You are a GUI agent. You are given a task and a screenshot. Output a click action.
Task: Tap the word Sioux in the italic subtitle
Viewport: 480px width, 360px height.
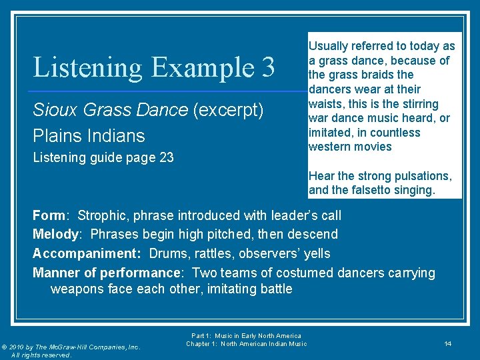coord(53,110)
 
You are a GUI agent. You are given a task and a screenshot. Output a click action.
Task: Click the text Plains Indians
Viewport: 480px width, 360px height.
coord(89,136)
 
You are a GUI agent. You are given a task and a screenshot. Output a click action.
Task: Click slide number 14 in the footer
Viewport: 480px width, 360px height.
coord(448,343)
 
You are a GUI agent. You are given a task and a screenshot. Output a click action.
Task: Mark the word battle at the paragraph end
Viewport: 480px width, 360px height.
coord(274,289)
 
